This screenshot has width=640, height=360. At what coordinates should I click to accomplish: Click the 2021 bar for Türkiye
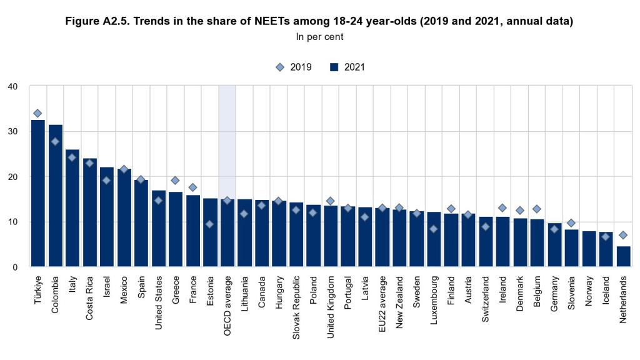pyautogui.click(x=38, y=194)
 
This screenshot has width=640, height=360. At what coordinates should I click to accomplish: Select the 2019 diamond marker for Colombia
pyautogui.click(x=55, y=142)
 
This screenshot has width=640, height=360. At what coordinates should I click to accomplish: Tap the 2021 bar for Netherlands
pyautogui.click(x=623, y=256)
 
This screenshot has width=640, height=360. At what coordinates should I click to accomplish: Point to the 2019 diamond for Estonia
pyautogui.click(x=210, y=224)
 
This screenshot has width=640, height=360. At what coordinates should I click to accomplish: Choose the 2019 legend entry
pyautogui.click(x=294, y=67)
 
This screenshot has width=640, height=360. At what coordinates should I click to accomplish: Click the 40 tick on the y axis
pyautogui.click(x=12, y=86)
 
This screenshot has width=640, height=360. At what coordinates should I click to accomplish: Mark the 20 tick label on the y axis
pyautogui.click(x=12, y=177)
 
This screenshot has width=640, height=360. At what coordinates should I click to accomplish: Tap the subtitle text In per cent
pyautogui.click(x=319, y=37)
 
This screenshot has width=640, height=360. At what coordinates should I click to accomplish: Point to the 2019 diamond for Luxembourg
pyautogui.click(x=434, y=229)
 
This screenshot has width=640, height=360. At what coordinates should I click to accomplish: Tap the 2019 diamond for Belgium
pyautogui.click(x=537, y=209)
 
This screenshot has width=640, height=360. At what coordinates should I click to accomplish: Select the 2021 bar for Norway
pyautogui.click(x=589, y=249)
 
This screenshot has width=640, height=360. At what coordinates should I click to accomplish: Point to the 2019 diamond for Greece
pyautogui.click(x=176, y=181)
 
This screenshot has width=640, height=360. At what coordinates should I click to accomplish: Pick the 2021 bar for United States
pyautogui.click(x=159, y=229)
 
